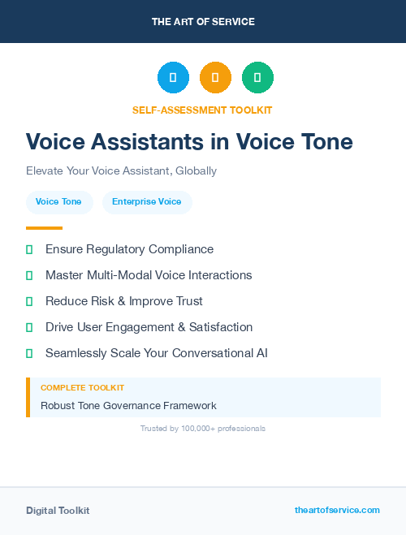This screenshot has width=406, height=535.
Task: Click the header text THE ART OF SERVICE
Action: click(203, 21)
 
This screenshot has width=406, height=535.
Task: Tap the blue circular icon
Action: click(173, 77)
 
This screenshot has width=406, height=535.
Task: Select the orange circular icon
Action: click(215, 77)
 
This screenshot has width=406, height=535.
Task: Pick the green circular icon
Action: click(257, 77)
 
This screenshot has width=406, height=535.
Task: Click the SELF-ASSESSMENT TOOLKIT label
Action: click(202, 110)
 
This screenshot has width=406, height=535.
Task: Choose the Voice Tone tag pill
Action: click(58, 201)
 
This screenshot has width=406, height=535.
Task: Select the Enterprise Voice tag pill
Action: click(147, 201)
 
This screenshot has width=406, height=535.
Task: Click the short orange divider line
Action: click(44, 228)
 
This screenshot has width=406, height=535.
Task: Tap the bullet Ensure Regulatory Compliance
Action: click(129, 249)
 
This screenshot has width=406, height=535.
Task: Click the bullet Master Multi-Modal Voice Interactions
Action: click(149, 275)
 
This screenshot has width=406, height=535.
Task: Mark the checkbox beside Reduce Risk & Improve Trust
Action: click(29, 301)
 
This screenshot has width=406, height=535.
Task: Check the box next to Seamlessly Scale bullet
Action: click(29, 353)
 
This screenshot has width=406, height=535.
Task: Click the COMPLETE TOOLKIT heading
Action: click(82, 388)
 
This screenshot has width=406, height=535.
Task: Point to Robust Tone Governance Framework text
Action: click(128, 405)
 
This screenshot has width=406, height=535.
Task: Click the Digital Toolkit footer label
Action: click(58, 511)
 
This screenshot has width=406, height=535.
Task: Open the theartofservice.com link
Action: click(337, 510)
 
